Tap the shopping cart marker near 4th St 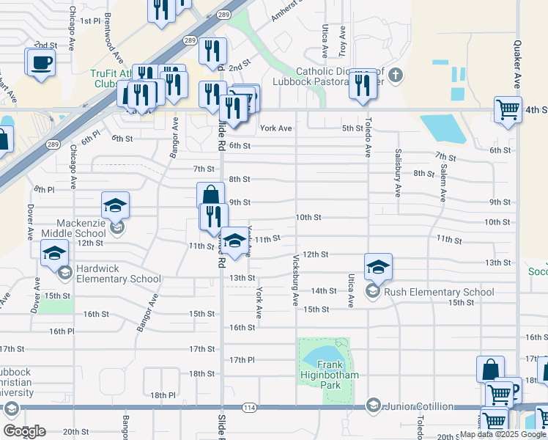pyautogui.click(x=508, y=111)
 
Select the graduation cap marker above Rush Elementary pyautogui.click(x=378, y=268)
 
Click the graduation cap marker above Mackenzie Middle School pyautogui.click(x=115, y=206)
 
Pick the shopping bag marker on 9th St pyautogui.click(x=210, y=196)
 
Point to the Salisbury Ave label pyautogui.click(x=398, y=180)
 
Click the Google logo pyautogui.click(x=25, y=431)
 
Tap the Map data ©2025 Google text pyautogui.click(x=502, y=434)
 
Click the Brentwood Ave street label pyautogui.click(x=108, y=34)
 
